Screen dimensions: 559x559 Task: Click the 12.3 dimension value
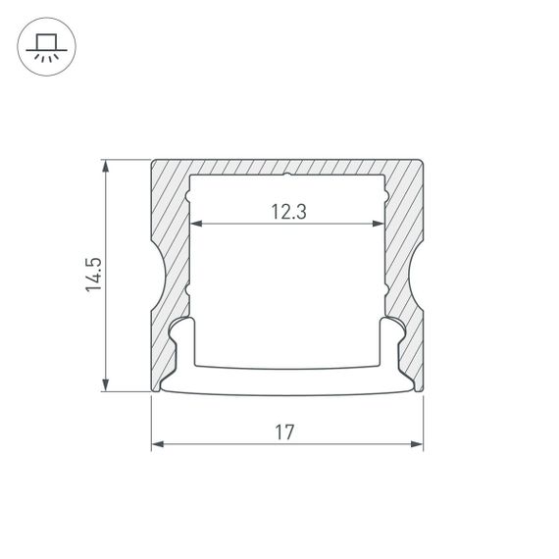coord(286,210)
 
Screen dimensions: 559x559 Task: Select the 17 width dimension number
coord(286,432)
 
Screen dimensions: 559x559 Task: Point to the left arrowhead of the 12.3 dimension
coord(195,225)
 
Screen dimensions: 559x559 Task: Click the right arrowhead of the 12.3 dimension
coord(379,225)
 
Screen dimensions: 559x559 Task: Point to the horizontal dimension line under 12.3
coord(245,225)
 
